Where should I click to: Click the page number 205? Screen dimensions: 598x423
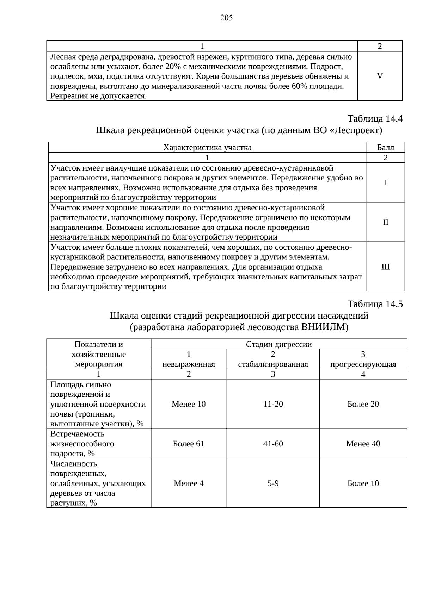tap(226, 18)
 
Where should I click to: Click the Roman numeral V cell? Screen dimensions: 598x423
tap(380, 76)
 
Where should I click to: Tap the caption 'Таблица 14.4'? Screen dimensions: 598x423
tap(375, 118)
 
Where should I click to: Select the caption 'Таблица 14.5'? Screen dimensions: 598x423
tap(375, 304)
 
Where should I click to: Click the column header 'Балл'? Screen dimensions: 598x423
tap(385, 147)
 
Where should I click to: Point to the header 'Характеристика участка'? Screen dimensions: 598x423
tap(207, 147)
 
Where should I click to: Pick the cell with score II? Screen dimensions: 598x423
tap(385, 222)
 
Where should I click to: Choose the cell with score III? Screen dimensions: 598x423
tap(385, 267)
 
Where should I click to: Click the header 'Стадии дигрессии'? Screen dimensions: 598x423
tap(278, 344)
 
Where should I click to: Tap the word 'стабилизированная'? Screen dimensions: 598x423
tap(273, 364)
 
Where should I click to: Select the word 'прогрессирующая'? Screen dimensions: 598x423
tap(363, 364)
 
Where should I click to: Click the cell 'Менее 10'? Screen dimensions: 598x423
tap(189, 404)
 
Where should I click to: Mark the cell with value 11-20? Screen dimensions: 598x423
tap(273, 404)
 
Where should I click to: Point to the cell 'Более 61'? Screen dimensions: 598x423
tap(189, 444)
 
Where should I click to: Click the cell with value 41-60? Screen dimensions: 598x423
tap(273, 444)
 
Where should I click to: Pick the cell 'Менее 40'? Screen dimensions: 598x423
tap(363, 444)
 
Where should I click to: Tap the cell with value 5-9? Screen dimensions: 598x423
tap(273, 483)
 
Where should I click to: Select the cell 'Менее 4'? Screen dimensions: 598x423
tap(189, 483)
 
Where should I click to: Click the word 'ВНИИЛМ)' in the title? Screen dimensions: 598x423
tap(325, 327)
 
